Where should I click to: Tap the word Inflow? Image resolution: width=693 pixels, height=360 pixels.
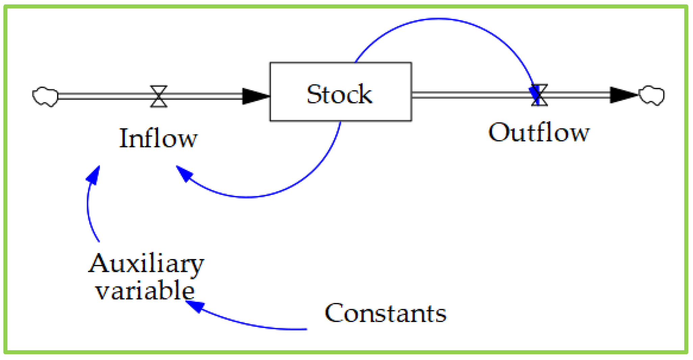coord(158,138)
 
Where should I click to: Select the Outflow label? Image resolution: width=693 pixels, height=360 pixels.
coord(539,132)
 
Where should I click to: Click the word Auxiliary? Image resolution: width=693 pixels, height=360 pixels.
coord(146,263)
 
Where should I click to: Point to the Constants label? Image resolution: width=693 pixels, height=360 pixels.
coord(385,313)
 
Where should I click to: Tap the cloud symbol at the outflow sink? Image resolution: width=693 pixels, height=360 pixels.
coord(651,96)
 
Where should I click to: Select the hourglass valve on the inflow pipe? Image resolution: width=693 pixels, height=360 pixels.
coord(158,96)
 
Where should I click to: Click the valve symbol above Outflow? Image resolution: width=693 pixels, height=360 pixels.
coord(539,95)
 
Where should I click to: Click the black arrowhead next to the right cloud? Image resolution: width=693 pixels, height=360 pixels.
coord(622,95)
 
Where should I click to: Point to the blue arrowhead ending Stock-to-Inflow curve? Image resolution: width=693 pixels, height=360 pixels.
coord(184,173)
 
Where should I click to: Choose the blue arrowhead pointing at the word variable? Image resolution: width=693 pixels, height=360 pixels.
coord(195,306)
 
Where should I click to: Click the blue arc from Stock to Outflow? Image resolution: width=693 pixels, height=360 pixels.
coord(439,19)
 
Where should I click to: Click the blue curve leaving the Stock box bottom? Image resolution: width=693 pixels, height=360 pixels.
coord(304,179)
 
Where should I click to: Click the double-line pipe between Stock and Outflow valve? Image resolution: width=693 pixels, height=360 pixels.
coord(470,95)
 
